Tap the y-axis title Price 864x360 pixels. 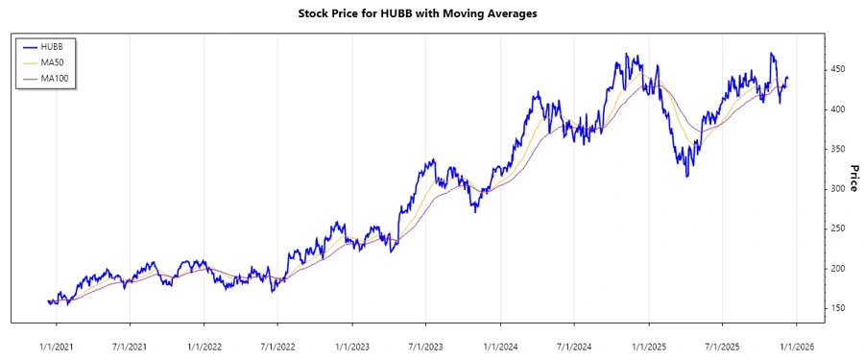point(852,177)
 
